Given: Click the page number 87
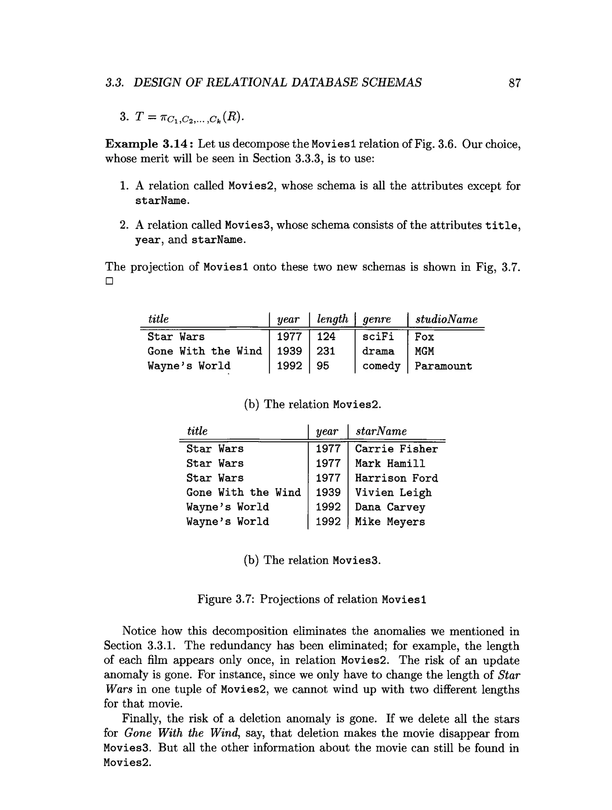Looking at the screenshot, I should pos(514,83).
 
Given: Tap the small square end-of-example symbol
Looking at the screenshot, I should pos(109,281).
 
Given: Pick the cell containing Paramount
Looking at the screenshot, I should pos(443,366).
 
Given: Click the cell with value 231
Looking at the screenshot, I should pos(325,351).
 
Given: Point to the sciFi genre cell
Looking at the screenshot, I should pos(377,337).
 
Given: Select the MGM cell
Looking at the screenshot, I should pos(424,351).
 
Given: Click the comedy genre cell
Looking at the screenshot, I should pos(381,366).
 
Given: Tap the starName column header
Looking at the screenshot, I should pos(381,431).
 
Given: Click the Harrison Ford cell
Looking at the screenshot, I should pos(396,478).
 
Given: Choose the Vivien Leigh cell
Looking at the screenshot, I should pos(393,493).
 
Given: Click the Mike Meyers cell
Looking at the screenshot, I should pos(390,522).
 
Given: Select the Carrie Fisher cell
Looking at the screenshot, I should pos(396,449).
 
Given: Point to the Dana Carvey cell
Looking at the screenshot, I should pos(390,508).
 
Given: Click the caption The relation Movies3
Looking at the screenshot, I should pos(312,560).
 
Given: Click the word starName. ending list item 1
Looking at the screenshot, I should pos(162,201).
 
